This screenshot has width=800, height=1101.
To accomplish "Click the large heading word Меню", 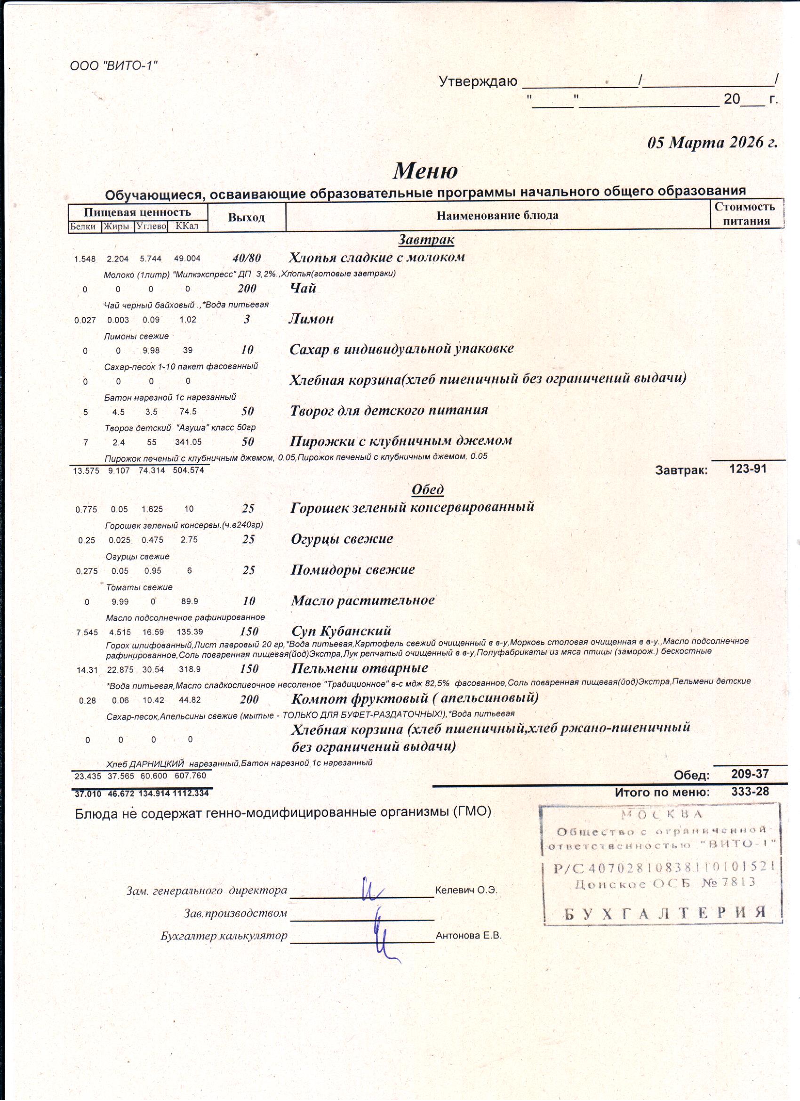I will [x=425, y=170].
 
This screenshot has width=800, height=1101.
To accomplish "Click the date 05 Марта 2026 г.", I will [x=712, y=142].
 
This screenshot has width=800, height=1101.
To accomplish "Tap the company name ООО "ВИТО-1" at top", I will [x=114, y=65].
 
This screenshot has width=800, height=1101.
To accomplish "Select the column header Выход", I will [x=247, y=217].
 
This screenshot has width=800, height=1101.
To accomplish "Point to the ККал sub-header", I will [x=187, y=226].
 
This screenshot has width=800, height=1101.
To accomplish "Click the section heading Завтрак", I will [x=426, y=239].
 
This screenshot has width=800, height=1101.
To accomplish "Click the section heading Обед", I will [x=427, y=489].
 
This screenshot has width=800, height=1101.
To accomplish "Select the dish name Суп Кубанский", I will [x=341, y=631].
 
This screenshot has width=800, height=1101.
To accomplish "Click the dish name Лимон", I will [x=311, y=318].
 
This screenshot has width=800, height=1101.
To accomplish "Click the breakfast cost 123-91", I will [x=748, y=469].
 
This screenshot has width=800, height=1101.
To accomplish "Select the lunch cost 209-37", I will [x=750, y=773].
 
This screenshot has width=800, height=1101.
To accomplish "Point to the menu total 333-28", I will [x=750, y=791].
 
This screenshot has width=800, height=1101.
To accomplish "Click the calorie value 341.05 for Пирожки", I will [x=188, y=442].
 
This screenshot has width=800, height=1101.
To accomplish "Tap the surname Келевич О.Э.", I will [x=466, y=891].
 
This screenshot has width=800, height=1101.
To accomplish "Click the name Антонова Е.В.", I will [x=468, y=935].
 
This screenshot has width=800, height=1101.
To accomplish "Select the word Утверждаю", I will [x=478, y=81].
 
